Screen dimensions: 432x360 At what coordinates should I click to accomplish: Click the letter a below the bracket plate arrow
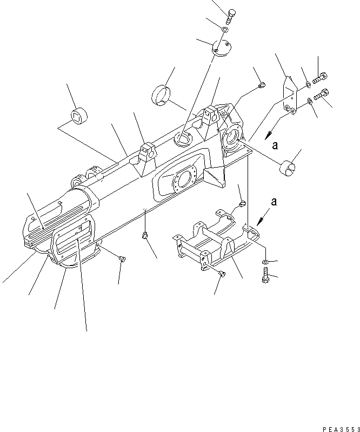coord(275,144)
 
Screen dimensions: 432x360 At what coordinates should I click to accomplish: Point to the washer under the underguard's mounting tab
coord(265,262)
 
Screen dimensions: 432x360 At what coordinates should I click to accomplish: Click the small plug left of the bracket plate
coord(262,84)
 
